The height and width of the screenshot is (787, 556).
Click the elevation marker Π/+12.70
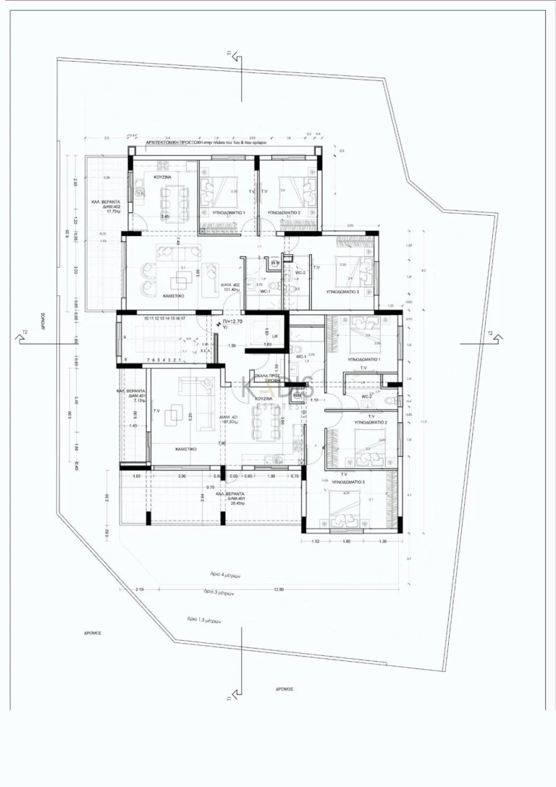pyautogui.click(x=233, y=320)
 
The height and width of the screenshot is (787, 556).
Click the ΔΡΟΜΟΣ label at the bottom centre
pyautogui.click(x=284, y=689)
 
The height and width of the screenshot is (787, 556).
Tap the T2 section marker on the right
pyautogui.click(x=490, y=334)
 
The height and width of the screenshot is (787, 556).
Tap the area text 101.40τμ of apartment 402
pyautogui.click(x=231, y=291)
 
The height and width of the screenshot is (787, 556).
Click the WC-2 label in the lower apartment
pyautogui.click(x=368, y=396)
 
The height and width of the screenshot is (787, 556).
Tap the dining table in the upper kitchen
pyautogui.click(x=170, y=195)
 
